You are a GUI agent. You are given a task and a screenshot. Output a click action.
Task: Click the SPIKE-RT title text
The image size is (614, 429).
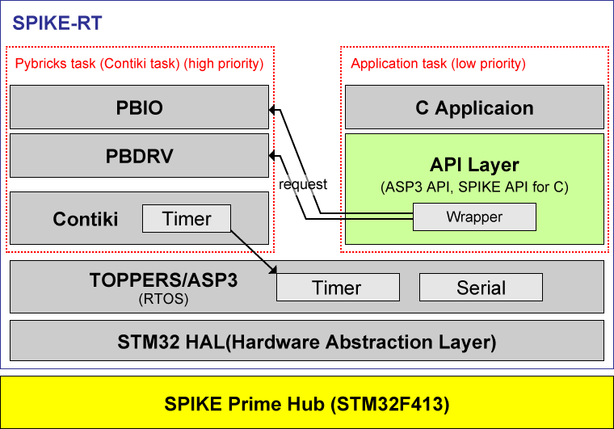tap(57, 23)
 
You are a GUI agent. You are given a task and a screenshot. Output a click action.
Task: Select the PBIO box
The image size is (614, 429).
tap(139, 107)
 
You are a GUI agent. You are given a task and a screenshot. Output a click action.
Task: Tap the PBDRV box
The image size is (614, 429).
tap(139, 156)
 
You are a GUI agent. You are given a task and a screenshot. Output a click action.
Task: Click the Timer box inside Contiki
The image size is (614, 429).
tap(187, 218)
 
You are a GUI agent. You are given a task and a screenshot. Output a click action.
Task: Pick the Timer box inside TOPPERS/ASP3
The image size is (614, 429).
tap(338, 288)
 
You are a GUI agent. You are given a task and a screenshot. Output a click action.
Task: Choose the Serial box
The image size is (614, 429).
tap(481, 288)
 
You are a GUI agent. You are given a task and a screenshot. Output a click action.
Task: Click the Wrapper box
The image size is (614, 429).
tap(474, 217)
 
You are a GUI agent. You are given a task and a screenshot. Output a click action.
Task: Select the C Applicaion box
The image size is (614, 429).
tap(474, 107)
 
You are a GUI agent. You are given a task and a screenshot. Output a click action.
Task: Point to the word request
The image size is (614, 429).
tap(303, 184)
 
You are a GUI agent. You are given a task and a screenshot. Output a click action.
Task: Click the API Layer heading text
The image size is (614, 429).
tap(474, 165)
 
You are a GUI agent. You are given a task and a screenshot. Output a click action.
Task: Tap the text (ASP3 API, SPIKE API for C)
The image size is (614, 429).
tap(474, 187)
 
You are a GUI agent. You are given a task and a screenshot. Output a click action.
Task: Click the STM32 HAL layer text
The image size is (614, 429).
tap(306, 341)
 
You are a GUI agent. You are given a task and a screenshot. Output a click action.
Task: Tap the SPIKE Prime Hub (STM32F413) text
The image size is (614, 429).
tap(307, 402)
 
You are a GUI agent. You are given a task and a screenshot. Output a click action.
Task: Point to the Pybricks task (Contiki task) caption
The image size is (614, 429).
tap(140, 63)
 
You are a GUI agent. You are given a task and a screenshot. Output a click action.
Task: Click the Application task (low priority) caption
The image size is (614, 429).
tap(438, 63)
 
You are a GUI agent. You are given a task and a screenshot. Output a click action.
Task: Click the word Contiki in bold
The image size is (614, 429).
tap(86, 219)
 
